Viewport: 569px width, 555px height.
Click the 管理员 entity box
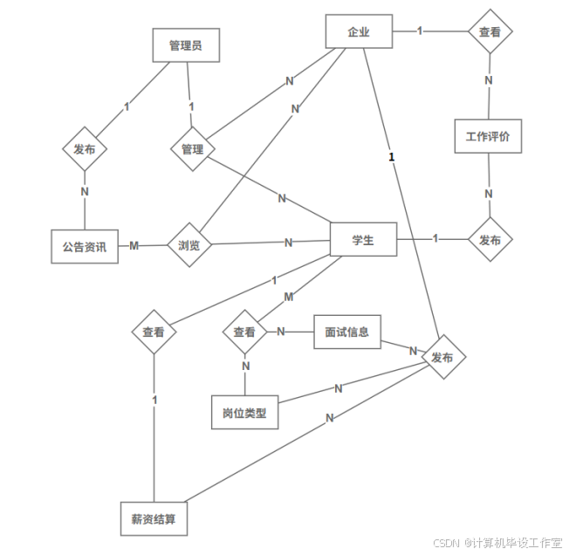point(185,45)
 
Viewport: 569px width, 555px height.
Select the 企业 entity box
point(359,31)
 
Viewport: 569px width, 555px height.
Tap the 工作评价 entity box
point(488,136)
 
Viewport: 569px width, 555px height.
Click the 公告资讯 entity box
point(85,246)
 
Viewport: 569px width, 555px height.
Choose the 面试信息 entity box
point(346,332)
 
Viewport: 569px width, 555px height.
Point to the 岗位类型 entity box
point(244,413)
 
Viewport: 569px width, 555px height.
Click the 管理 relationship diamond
point(192,149)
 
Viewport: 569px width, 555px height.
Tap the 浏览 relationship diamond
point(189,245)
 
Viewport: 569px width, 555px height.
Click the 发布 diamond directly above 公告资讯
point(85,149)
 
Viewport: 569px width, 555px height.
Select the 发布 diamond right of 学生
point(490,239)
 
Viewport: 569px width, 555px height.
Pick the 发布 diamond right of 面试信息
point(442,357)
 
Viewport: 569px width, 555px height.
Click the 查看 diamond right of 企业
point(490,31)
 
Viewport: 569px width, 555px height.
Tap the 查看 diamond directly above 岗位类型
point(244,332)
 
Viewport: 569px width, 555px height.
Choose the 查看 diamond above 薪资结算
point(154,332)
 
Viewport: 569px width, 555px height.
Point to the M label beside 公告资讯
point(134,245)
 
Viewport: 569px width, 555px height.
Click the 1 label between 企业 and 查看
point(420,31)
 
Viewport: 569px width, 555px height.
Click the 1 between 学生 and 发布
point(435,238)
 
